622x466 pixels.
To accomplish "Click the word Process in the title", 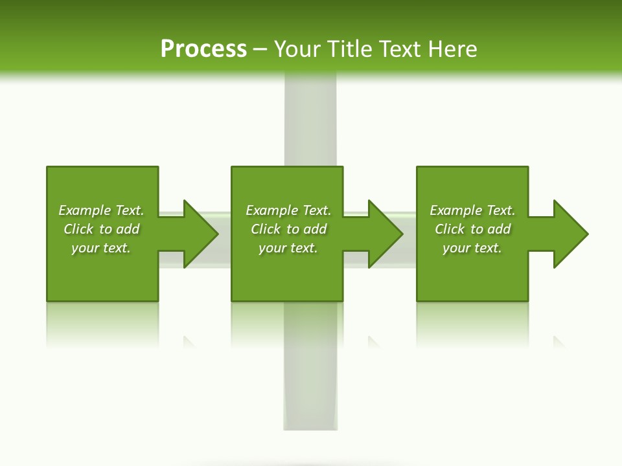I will click(x=203, y=49).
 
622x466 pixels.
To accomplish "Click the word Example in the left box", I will click(x=84, y=210).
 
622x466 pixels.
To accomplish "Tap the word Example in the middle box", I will click(x=271, y=210).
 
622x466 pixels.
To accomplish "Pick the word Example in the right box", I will click(x=455, y=210).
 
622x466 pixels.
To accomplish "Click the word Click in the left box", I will click(x=78, y=229).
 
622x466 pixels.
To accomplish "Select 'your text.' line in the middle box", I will click(x=288, y=248).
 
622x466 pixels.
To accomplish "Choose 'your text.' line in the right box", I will click(x=472, y=248).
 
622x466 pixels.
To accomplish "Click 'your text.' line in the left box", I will click(x=101, y=248).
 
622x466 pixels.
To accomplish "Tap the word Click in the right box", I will click(x=450, y=229).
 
